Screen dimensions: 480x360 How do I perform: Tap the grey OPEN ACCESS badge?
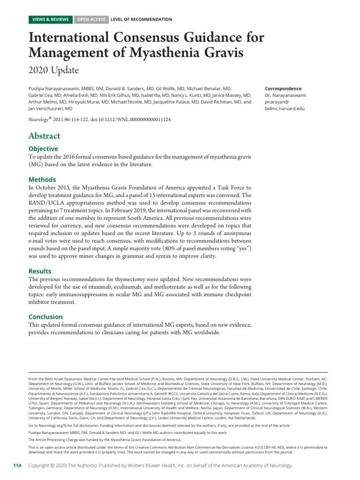click(91, 20)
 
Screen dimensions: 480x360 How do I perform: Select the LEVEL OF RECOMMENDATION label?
click(141, 20)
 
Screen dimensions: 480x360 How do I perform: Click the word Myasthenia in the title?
click(153, 52)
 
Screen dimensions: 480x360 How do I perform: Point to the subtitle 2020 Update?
click(53, 70)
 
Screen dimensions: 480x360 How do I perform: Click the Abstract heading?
click(45, 136)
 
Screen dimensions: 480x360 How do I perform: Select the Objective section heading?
click(44, 149)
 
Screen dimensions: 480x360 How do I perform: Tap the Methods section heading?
click(42, 180)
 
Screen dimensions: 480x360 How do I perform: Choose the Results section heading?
click(40, 271)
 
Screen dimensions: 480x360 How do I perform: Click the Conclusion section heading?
click(45, 317)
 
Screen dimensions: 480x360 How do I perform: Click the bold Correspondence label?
click(283, 89)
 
